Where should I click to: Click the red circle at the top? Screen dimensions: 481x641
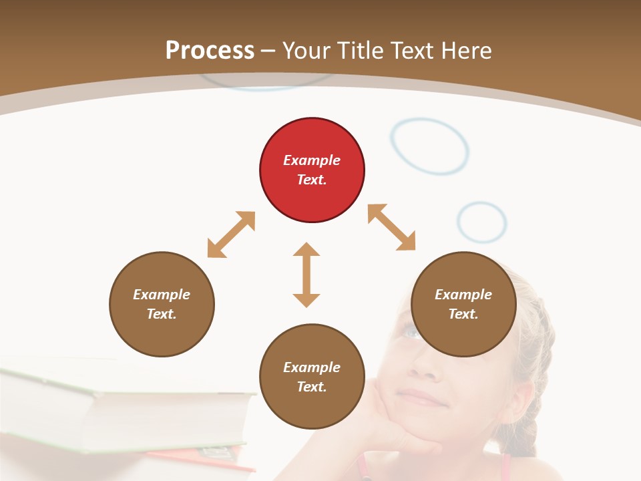(x=312, y=170)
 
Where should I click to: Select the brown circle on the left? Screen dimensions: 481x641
(x=162, y=304)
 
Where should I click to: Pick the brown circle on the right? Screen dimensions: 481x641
(x=463, y=304)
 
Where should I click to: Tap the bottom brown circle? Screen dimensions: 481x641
(x=312, y=377)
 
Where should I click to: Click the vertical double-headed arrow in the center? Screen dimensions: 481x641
(x=306, y=275)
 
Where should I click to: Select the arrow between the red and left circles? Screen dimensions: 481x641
(x=231, y=234)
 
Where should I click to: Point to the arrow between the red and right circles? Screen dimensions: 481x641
(x=391, y=227)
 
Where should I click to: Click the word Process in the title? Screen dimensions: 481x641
(x=210, y=50)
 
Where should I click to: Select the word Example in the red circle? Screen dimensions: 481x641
(x=312, y=160)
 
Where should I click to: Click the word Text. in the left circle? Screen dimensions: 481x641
(x=162, y=314)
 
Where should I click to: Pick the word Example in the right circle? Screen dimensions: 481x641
(x=463, y=295)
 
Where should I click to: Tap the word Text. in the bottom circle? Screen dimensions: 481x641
(x=312, y=387)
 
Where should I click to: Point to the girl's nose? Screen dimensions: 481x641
(x=421, y=364)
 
